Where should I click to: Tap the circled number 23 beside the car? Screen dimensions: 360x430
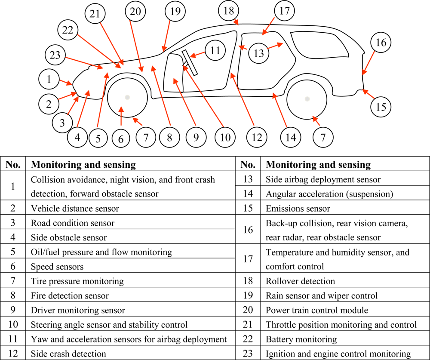[55, 55]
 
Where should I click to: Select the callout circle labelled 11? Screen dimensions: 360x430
[215, 51]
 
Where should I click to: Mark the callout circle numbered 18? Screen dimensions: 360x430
[228, 11]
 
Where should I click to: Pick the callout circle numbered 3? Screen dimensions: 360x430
[62, 123]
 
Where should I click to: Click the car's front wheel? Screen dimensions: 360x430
[127, 98]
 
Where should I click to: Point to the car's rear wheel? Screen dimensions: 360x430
[307, 98]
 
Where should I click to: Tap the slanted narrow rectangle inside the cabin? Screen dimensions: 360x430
[189, 63]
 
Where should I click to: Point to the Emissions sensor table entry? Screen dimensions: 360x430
[298, 209]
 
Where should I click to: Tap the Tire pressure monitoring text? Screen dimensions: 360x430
[77, 281]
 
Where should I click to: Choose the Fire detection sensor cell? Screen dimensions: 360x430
[70, 296]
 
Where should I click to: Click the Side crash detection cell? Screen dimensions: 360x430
[68, 354]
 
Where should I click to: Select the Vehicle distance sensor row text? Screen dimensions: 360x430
[75, 209]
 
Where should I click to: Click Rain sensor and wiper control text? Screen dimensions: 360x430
[322, 296]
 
